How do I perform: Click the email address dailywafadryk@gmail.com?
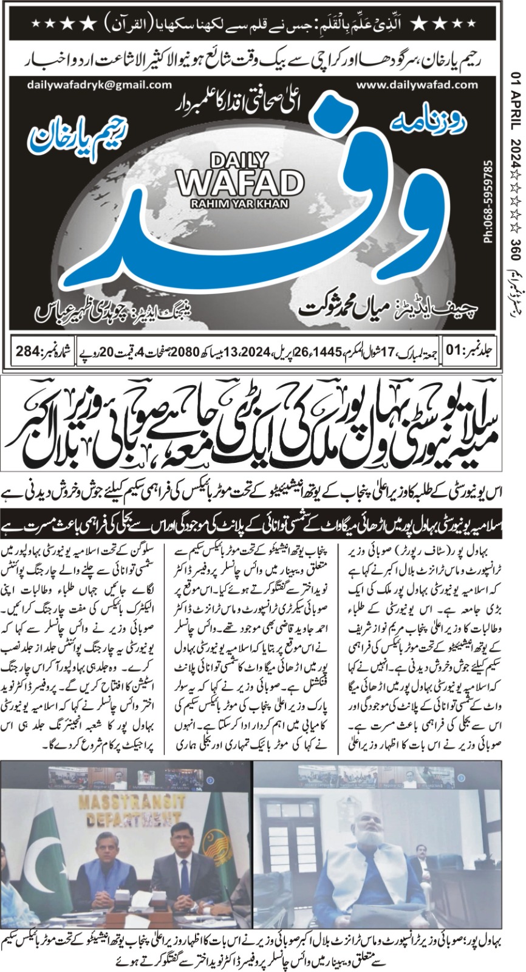pyautogui.click(x=91, y=85)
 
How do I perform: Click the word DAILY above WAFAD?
pyautogui.click(x=239, y=160)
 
